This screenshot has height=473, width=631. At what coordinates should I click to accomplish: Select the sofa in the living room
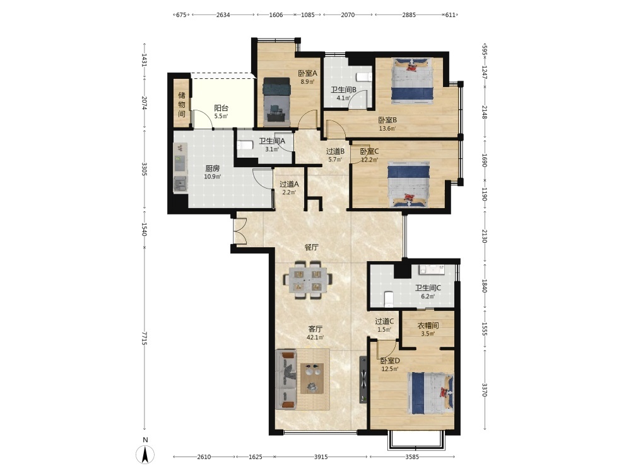pos(286,380)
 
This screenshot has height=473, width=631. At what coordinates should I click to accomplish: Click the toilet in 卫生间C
pos(389,299)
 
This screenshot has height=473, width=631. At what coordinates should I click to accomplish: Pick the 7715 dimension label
pos(144,338)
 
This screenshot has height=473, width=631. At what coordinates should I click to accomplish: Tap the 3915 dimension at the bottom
pos(321,457)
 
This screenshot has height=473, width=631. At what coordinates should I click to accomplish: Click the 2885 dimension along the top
pos(409,15)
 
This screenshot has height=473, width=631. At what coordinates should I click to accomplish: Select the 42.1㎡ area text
pos(315,337)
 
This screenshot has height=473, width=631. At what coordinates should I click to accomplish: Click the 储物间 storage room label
pos(182,105)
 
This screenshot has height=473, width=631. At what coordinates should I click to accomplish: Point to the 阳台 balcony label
pos(221,108)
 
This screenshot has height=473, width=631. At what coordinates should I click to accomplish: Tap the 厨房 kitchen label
pos(212,168)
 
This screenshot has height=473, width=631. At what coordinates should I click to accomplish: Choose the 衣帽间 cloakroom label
pos(428,325)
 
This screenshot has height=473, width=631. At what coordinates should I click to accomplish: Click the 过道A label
pos(290,184)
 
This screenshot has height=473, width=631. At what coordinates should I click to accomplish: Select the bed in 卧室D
pos(430,393)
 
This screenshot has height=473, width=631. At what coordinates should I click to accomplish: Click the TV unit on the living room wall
pos(363,379)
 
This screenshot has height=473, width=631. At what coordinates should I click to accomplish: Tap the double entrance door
pos(240,231)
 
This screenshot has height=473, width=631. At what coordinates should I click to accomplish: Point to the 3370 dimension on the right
pos(484,389)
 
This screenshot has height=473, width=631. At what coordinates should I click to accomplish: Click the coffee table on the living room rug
pos(312,378)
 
